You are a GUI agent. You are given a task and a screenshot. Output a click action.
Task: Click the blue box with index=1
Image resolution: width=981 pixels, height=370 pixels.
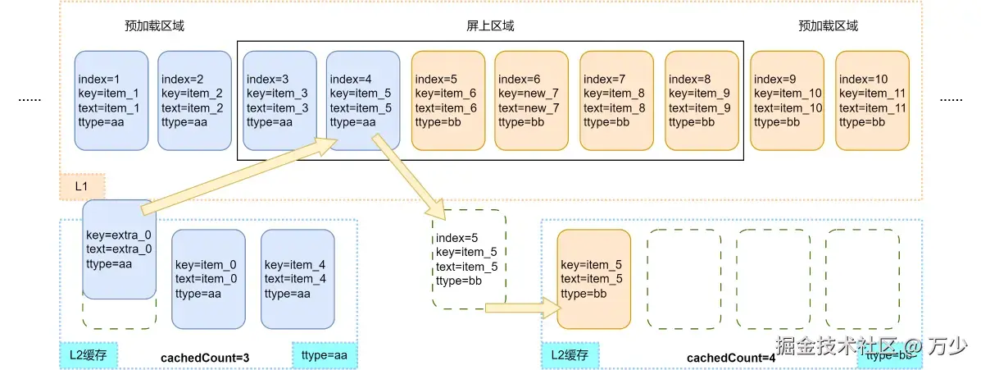[x=111, y=101]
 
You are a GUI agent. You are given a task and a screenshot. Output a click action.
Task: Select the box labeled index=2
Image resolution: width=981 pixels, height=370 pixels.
[x=194, y=101]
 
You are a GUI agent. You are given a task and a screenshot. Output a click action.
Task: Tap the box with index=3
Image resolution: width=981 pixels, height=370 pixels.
[x=279, y=101]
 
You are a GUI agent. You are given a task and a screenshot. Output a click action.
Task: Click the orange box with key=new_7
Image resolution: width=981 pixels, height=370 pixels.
[x=531, y=101]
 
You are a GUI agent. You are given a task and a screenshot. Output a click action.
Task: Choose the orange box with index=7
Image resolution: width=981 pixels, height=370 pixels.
[x=616, y=101]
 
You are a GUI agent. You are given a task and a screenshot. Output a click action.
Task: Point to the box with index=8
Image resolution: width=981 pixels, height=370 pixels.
[x=702, y=101]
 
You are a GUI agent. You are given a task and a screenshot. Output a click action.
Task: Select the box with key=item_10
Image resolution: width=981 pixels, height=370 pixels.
[x=787, y=101]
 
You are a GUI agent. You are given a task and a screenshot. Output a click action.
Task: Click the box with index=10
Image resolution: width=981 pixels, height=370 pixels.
[x=872, y=101]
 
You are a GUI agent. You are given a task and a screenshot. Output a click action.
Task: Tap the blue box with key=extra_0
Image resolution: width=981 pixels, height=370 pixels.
[x=119, y=249]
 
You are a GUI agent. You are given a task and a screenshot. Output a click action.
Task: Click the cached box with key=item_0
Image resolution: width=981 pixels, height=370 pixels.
[x=208, y=279]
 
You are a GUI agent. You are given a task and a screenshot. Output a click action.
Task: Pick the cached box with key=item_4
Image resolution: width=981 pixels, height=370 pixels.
[x=297, y=279]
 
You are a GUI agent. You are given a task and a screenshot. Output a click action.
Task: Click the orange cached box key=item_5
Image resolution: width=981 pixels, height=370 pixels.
[x=593, y=279]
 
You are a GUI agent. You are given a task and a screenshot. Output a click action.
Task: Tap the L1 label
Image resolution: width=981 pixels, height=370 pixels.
[x=82, y=187]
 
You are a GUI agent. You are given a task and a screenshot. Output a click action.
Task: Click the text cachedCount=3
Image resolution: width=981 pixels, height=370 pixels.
[x=206, y=358]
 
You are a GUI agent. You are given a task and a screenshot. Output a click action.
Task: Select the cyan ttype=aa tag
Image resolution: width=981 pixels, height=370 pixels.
[x=325, y=355]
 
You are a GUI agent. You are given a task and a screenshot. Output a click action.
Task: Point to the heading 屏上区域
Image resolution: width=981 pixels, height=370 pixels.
[x=484, y=25]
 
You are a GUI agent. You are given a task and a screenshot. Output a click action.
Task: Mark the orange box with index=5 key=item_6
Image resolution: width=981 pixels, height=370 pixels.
[x=447, y=101]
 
